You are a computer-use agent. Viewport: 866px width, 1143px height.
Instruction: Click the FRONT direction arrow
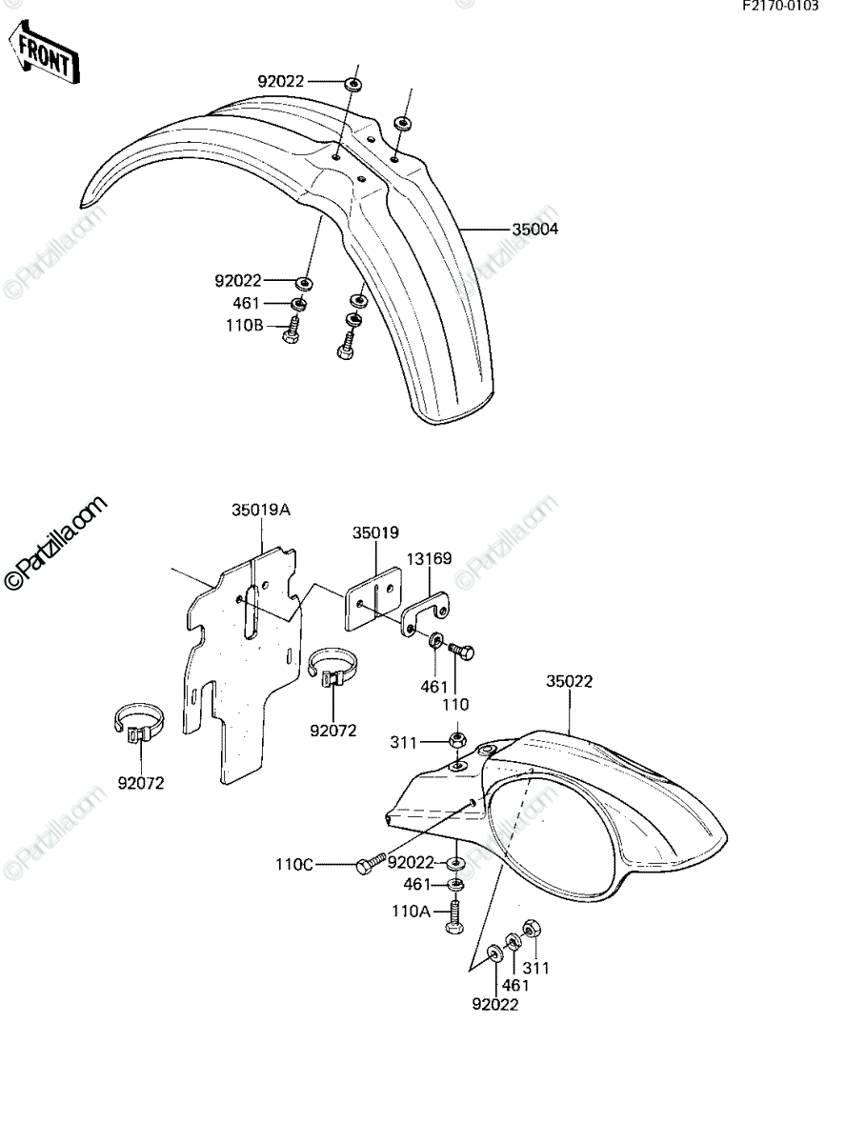[44, 52]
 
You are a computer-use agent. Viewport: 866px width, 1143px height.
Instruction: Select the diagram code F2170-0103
[780, 7]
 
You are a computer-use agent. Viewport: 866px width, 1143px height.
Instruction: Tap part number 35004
[534, 230]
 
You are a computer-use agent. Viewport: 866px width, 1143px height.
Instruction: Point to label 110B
[244, 326]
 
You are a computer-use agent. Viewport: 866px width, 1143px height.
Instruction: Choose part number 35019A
[261, 511]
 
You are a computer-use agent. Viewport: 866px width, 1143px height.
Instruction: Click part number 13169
[429, 559]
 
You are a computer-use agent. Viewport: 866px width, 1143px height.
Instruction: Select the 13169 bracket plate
[425, 612]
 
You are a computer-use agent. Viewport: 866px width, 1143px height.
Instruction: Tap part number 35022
[569, 681]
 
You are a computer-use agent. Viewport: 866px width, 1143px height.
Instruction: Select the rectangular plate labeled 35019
[373, 598]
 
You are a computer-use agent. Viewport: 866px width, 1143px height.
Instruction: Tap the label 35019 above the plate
[375, 532]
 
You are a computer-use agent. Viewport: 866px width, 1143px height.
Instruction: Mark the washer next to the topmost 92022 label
[353, 85]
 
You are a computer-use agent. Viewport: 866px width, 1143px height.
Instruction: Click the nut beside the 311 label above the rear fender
[457, 739]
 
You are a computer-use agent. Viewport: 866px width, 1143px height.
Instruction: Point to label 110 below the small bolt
[455, 705]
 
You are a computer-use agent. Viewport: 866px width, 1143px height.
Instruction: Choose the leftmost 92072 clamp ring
[139, 724]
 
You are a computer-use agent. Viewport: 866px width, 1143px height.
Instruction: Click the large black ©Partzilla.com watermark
[55, 543]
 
